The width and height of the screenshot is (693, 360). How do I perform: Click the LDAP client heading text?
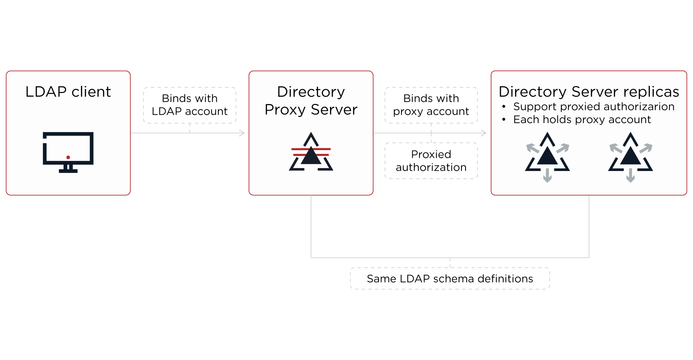(x=68, y=92)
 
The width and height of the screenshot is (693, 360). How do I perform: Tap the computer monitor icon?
(x=68, y=152)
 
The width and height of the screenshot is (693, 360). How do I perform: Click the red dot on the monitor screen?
(x=68, y=157)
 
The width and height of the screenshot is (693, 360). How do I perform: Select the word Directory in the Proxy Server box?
(x=311, y=92)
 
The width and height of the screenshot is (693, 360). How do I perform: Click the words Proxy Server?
(x=311, y=110)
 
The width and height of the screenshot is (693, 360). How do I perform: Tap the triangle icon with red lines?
(x=311, y=153)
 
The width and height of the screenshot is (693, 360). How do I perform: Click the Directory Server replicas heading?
(x=589, y=92)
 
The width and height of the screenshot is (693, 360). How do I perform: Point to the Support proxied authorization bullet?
(x=593, y=107)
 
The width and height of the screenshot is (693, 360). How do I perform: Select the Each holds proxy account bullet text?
(x=582, y=119)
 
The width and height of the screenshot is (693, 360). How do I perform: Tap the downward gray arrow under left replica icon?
(x=547, y=176)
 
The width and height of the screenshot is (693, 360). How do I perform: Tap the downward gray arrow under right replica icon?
(x=630, y=176)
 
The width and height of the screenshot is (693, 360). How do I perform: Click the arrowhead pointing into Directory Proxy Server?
(x=242, y=133)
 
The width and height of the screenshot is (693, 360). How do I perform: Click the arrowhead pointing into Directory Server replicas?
(x=484, y=133)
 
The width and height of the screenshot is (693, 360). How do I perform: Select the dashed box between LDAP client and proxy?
(x=190, y=105)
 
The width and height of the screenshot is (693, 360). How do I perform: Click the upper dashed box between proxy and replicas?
(x=431, y=105)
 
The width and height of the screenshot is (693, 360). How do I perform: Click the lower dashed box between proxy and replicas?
(x=431, y=161)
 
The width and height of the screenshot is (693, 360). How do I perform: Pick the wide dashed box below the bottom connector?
(x=450, y=278)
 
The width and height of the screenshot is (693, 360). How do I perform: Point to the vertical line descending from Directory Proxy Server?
(x=311, y=227)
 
